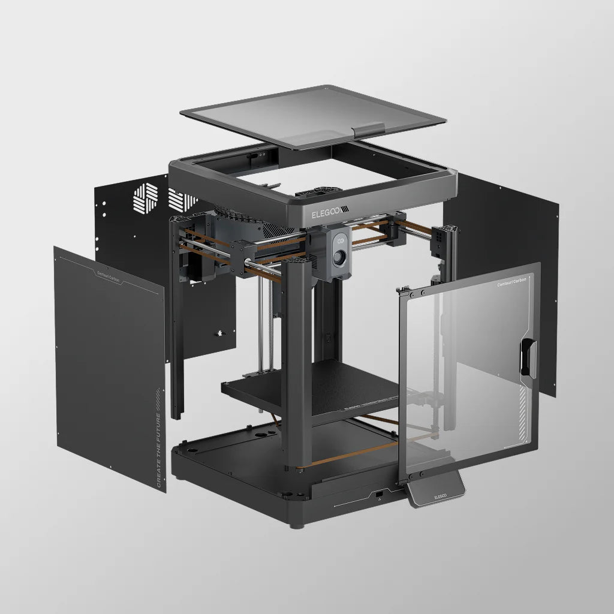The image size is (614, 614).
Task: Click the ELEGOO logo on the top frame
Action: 329,213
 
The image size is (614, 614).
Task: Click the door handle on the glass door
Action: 529,358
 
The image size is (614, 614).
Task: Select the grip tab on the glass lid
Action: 368,130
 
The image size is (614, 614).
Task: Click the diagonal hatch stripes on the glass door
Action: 525,414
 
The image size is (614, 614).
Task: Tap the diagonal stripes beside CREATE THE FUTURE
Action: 158,395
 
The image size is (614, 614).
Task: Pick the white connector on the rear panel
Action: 218,332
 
